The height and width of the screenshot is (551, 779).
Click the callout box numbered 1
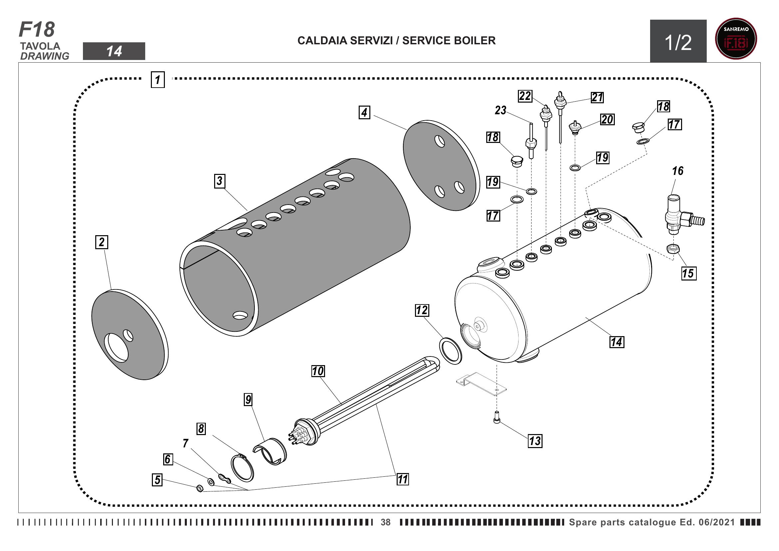158,80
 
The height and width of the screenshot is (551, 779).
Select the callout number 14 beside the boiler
616,342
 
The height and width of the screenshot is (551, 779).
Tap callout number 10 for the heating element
318,371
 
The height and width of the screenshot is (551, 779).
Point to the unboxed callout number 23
501,110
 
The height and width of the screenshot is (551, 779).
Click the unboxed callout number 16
677,171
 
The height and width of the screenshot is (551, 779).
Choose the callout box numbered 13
535,441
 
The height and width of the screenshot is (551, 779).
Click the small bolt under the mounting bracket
497,417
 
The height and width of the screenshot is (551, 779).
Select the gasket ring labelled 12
451,351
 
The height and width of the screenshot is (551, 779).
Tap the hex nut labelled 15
673,249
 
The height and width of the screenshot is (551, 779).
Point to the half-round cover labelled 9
270,451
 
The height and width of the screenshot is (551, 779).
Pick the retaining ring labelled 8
242,468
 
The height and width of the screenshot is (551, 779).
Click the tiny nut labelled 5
200,489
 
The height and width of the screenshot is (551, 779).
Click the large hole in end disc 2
116,347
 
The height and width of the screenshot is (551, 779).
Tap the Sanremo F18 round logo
736,39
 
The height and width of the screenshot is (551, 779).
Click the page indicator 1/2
678,42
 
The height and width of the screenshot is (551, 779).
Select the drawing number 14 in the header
114,51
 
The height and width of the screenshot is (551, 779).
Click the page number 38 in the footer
385,522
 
